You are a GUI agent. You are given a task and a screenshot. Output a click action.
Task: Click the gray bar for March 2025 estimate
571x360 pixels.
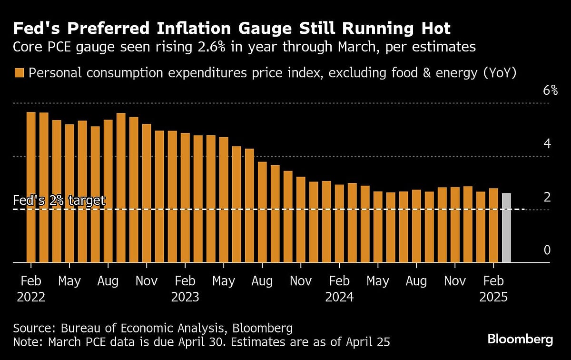pos(506,228)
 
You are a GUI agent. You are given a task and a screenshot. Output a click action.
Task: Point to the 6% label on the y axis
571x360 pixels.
pos(550,90)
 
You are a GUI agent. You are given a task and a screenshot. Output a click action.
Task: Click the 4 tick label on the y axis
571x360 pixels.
pos(547,143)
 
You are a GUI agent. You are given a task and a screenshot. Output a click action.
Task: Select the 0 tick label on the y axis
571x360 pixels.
pos(547,250)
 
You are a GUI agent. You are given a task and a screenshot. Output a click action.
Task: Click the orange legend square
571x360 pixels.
pos(20,73)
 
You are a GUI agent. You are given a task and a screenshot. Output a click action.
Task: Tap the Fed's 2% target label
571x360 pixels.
pos(59,200)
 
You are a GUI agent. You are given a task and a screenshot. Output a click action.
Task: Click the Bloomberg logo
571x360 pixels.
pos(520,340)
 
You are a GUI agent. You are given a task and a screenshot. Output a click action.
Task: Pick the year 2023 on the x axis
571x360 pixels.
pos(185,297)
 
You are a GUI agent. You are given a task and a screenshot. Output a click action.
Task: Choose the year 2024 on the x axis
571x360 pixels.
pos(339,297)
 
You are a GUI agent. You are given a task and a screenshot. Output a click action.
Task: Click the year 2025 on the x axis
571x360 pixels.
pos(493,297)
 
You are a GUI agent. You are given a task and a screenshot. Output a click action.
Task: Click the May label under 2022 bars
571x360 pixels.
pos(69,281)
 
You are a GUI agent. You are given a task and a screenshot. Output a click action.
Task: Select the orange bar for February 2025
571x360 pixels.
pos(493,225)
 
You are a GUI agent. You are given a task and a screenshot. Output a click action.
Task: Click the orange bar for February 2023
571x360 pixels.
pos(185,198)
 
